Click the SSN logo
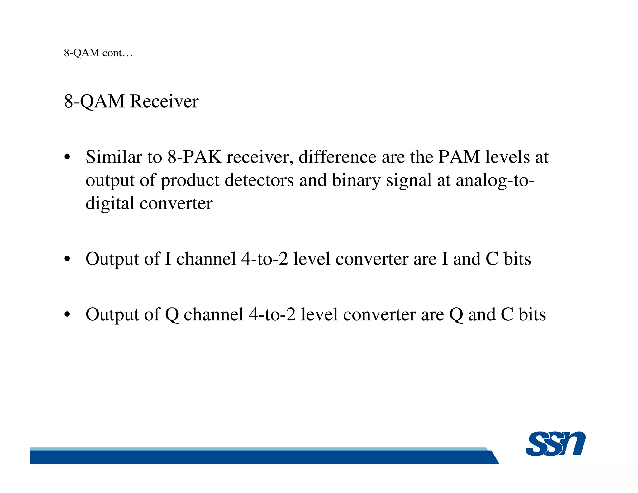tap(555, 443)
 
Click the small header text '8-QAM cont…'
tap(98, 53)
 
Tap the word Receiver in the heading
tap(164, 101)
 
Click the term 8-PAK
tap(194, 157)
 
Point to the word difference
tap(337, 157)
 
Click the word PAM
tap(459, 157)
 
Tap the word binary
tap(356, 181)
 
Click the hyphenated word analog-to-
tap(495, 181)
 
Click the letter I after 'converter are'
tap(445, 259)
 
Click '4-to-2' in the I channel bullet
tap(264, 259)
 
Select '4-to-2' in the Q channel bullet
tap(272, 314)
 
